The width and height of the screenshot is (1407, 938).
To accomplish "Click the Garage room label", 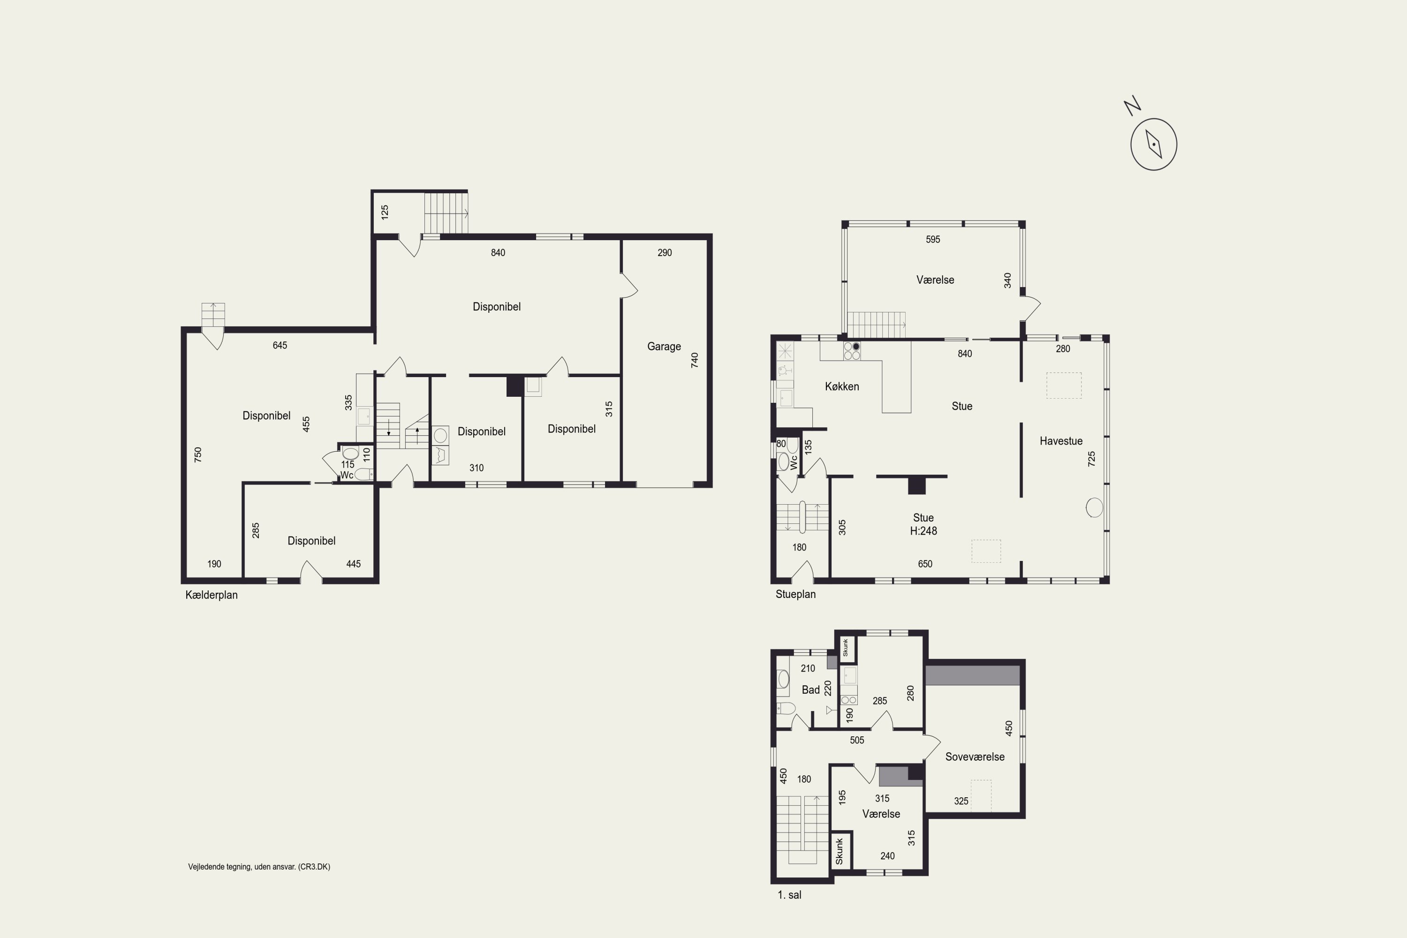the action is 664,347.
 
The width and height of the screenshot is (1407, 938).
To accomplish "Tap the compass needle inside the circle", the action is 1153,144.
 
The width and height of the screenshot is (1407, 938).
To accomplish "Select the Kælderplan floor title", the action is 211,595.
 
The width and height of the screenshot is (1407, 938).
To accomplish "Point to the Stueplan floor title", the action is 795,594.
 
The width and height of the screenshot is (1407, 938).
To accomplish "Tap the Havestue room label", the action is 1060,441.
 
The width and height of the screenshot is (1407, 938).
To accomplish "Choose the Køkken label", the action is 842,386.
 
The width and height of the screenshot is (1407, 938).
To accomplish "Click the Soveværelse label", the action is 975,757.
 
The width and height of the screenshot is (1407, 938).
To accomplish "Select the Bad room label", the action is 810,690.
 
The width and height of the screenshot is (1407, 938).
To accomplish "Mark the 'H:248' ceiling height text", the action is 923,530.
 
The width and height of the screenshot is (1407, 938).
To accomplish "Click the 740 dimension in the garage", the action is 695,360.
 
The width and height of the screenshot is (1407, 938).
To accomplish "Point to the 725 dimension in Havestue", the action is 1091,459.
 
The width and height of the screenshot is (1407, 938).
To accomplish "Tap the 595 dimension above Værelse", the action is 933,239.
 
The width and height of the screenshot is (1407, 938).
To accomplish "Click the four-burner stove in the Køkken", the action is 852,351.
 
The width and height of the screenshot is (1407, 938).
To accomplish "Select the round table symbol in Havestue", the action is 1094,508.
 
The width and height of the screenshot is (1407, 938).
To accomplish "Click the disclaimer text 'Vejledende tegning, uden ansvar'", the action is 259,867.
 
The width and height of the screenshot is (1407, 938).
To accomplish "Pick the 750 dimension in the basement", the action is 198,454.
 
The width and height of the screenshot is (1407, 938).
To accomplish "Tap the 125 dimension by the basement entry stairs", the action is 385,212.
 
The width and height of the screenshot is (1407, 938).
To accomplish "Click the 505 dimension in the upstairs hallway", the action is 857,741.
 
